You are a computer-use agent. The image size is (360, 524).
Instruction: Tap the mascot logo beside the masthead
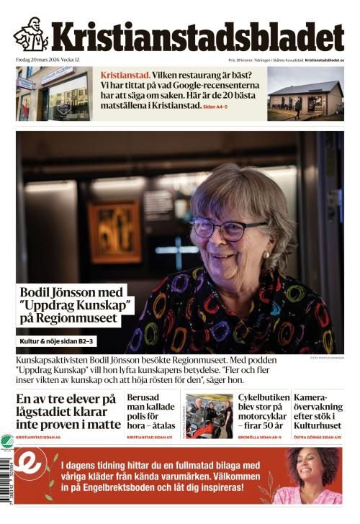tap(30, 35)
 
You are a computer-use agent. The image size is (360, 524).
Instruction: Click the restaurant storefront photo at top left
tap(54, 94)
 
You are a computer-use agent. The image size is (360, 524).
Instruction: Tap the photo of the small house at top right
tap(305, 94)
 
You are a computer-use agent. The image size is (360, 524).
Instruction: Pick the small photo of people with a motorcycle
tap(209, 416)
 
